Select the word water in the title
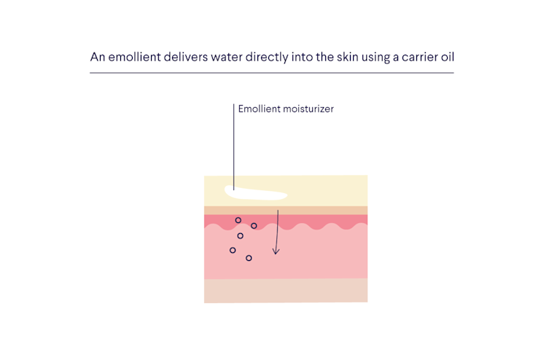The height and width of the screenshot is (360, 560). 233,57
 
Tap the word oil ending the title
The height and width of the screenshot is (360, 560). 446,57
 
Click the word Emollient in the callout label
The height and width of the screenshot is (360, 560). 260,109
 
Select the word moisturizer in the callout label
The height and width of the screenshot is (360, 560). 308,109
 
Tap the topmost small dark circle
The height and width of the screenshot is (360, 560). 238,220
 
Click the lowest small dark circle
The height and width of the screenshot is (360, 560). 249,258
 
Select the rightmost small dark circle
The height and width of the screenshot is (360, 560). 254,226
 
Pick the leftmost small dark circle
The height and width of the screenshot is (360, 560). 233,250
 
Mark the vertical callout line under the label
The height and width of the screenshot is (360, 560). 233,146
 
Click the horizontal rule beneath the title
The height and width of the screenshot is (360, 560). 271,73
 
